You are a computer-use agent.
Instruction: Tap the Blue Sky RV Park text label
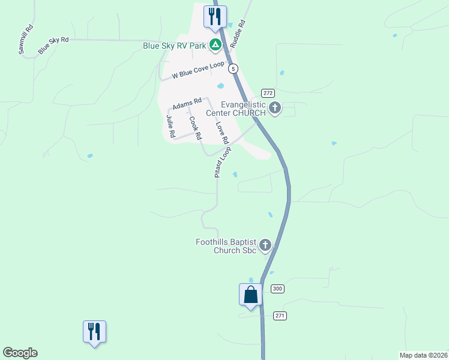pyautogui.click(x=174, y=46)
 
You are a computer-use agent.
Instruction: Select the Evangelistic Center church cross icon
pyautogui.click(x=275, y=109)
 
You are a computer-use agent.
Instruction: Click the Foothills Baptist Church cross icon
pyautogui.click(x=265, y=245)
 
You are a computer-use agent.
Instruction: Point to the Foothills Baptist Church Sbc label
pyautogui.click(x=226, y=246)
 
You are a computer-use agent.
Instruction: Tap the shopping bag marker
pyautogui.click(x=250, y=295)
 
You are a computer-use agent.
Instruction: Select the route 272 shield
pyautogui.click(x=268, y=93)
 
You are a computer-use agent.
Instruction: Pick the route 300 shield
pyautogui.click(x=277, y=289)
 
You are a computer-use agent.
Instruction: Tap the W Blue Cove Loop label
pyautogui.click(x=197, y=70)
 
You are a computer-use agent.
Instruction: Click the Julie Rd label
pyautogui.click(x=171, y=126)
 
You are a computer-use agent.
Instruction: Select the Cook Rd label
pyautogui.click(x=195, y=128)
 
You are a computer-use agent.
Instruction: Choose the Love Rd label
pyautogui.click(x=222, y=133)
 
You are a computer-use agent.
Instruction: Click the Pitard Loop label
pyautogui.click(x=223, y=162)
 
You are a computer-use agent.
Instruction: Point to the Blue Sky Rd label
pyautogui.click(x=53, y=45)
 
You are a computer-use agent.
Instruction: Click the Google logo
pyautogui.click(x=20, y=353)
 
